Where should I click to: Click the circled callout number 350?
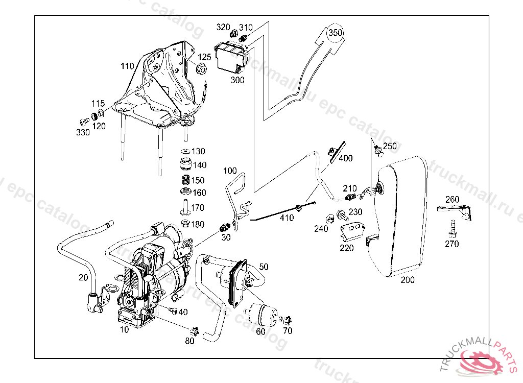335,33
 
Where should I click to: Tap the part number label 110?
127,66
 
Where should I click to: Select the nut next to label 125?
202,68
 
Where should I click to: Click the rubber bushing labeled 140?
186,165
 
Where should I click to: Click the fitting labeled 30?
225,227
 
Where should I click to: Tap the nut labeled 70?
287,320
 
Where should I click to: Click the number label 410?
287,219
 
